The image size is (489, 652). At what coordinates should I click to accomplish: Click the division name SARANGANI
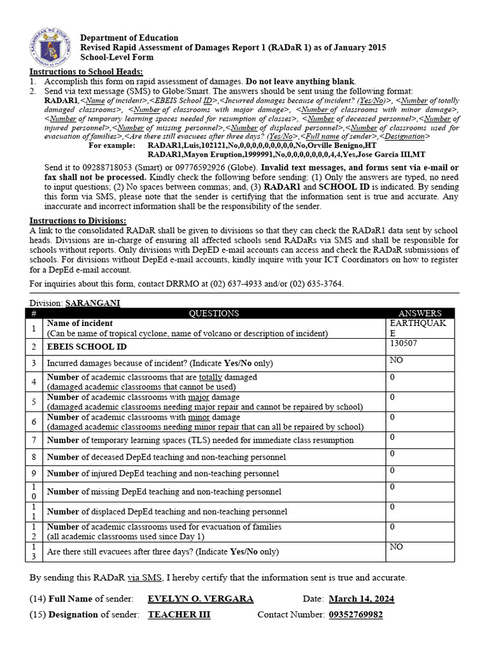[x=92, y=302]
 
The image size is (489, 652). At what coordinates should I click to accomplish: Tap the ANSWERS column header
[x=420, y=313]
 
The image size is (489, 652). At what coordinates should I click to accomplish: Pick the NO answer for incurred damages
[x=396, y=360]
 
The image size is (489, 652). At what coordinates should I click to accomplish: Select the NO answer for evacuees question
[x=396, y=546]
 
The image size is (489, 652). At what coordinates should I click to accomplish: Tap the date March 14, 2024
[x=361, y=599]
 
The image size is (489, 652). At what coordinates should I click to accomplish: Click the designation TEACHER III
[x=179, y=614]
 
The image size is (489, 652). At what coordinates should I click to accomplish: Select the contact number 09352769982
[x=356, y=614]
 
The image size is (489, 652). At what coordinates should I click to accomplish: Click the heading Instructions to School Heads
[x=87, y=72]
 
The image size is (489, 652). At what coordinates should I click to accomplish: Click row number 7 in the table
[x=34, y=440]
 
